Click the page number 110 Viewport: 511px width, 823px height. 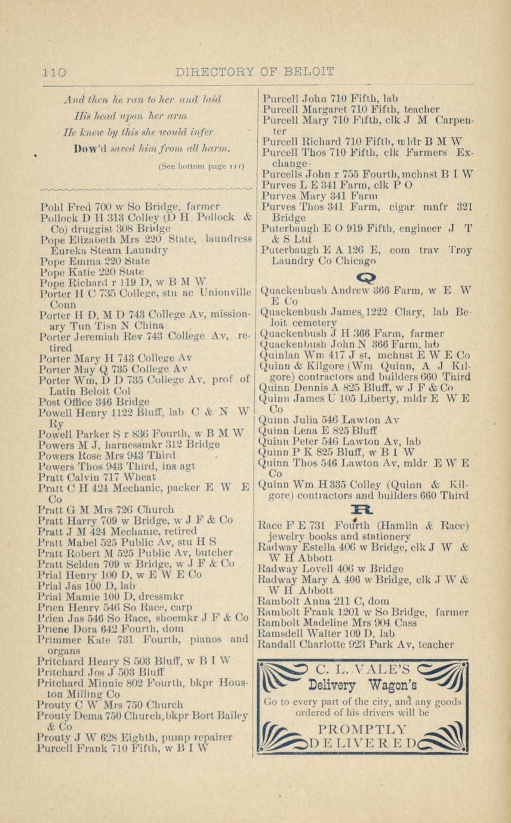point(53,73)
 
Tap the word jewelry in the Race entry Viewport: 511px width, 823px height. point(288,537)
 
